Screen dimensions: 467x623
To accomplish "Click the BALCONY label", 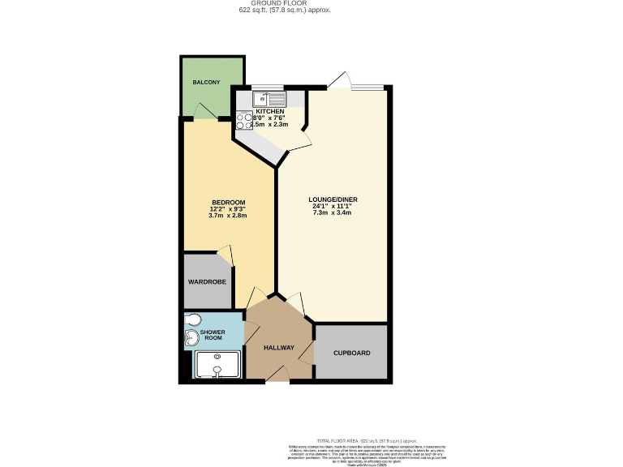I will [x=206, y=83].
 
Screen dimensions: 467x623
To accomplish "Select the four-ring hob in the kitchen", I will [x=244, y=121].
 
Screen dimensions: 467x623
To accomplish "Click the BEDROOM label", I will [x=228, y=202].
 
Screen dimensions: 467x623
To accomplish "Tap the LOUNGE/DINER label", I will [x=333, y=199].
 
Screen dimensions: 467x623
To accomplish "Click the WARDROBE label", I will [x=207, y=281].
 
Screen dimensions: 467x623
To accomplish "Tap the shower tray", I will [x=217, y=366].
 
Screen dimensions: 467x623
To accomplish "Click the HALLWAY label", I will [x=279, y=348].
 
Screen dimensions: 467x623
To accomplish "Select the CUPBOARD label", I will [x=352, y=353].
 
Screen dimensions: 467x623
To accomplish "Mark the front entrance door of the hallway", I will [x=277, y=373].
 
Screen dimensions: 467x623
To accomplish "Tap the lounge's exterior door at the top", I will [x=339, y=81].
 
